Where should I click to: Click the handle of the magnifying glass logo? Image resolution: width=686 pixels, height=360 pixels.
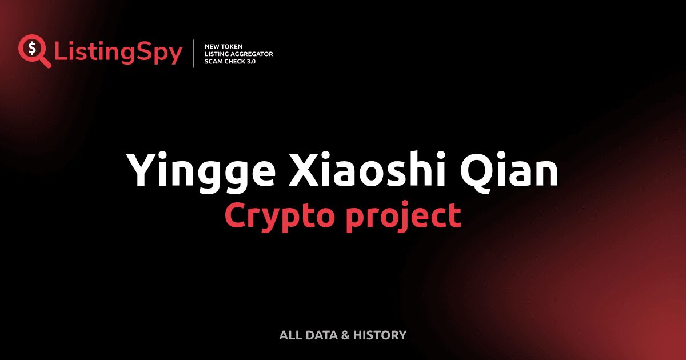(45, 61)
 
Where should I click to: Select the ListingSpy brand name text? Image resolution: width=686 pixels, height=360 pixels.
(118, 53)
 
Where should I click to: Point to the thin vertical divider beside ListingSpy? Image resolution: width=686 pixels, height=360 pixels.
(194, 54)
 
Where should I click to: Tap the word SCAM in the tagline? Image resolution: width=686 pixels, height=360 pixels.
(213, 61)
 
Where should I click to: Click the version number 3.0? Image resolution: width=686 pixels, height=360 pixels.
(250, 61)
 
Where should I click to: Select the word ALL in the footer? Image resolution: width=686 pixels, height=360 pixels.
(289, 335)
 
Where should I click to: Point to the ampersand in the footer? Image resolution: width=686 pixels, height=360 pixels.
(345, 335)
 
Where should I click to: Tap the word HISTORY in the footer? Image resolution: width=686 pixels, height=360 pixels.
(380, 335)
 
